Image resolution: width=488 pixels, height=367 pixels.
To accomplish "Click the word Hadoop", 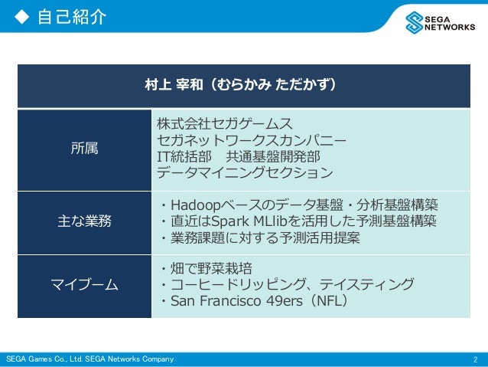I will [x=195, y=205].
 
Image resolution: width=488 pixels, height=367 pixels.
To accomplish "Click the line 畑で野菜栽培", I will [x=207, y=269].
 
